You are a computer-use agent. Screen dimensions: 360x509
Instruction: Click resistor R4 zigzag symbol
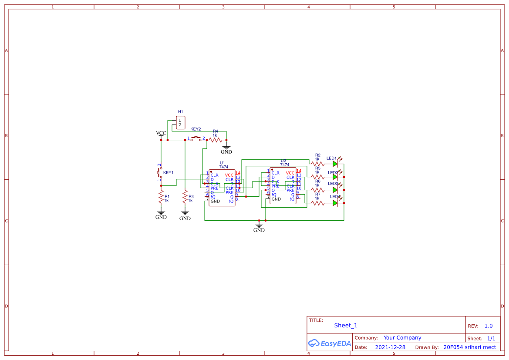(216, 140)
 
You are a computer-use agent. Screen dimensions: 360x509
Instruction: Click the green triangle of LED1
(335, 164)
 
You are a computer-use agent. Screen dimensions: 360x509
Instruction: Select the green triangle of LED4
(335, 203)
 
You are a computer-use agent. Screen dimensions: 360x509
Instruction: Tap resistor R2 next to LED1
(317, 164)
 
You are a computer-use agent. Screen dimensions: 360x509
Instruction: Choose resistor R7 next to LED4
(317, 203)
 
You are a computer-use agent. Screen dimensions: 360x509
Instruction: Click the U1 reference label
(222, 163)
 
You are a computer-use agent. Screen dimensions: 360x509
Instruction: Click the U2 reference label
(283, 161)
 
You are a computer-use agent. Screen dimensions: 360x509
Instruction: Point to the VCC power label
(161, 133)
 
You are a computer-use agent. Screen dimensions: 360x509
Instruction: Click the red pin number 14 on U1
(238, 173)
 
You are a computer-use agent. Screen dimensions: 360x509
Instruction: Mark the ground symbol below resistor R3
(185, 214)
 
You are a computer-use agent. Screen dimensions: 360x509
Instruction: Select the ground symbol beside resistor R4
(226, 149)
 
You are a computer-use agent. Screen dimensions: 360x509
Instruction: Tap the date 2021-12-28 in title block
(390, 347)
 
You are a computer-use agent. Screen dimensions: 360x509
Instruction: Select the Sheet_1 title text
(346, 325)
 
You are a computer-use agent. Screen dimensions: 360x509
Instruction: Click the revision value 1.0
(488, 326)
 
